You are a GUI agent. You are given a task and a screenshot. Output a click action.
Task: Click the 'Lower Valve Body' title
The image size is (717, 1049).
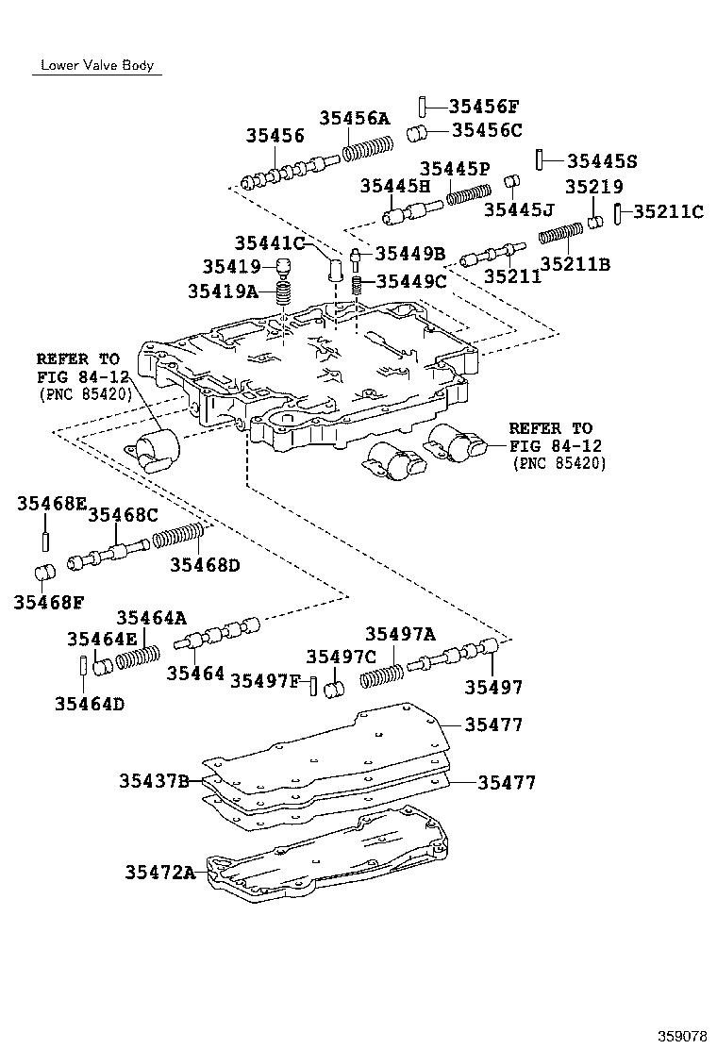click(95, 66)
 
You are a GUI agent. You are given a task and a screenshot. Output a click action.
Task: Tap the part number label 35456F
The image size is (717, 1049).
click(484, 107)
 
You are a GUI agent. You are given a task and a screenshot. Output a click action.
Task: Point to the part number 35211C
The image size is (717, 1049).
click(668, 212)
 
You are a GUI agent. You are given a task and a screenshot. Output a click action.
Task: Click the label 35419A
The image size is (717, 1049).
click(223, 291)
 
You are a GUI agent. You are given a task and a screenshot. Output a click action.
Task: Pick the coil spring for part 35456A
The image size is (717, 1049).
click(367, 148)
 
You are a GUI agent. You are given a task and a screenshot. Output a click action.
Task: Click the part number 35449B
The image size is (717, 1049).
click(410, 253)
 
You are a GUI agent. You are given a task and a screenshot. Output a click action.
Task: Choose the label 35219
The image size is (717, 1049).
click(594, 188)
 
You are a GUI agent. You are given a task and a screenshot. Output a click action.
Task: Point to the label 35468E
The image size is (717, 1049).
click(50, 505)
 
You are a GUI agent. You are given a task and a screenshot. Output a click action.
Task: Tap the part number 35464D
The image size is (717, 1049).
click(90, 703)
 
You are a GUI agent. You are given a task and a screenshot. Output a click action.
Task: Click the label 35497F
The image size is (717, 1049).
click(265, 681)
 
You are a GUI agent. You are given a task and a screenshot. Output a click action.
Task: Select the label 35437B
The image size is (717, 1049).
click(154, 780)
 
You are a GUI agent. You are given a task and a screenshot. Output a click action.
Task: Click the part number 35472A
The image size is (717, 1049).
click(159, 873)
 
